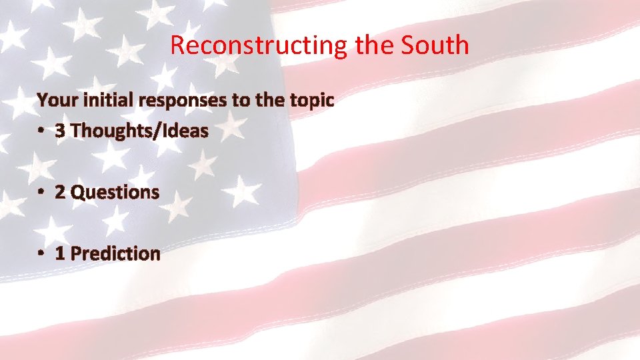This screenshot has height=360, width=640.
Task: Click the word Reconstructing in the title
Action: [x=258, y=45]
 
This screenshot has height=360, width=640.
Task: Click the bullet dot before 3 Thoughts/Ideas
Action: [x=41, y=131]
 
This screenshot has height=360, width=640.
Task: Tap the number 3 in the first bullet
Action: [x=60, y=131]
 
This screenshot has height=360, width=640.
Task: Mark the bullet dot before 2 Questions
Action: [x=41, y=192]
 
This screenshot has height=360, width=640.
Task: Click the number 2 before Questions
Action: [x=60, y=192]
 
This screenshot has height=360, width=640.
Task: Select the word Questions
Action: [x=115, y=193]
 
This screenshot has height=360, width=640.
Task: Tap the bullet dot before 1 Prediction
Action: [x=41, y=253]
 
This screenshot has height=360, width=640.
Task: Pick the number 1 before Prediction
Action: [x=60, y=253]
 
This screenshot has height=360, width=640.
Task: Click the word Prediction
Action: [x=115, y=253]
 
